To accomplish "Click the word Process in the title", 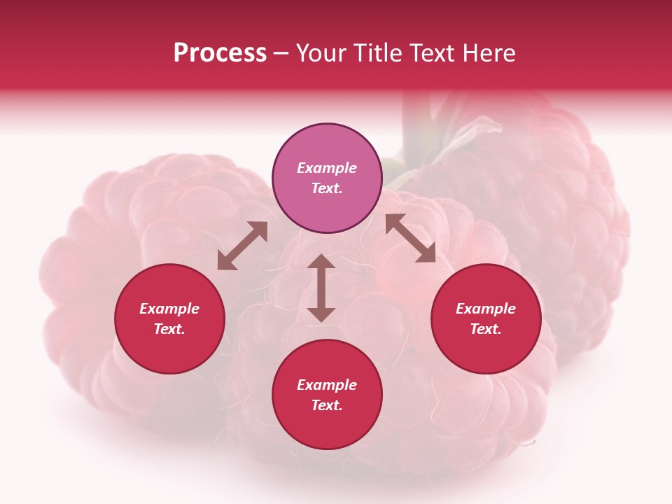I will [220, 53].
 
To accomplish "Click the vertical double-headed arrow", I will [321, 288].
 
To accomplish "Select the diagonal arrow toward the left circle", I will [242, 246].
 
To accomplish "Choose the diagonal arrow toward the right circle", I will [410, 238].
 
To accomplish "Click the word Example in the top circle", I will [327, 168].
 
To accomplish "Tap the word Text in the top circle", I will [327, 188].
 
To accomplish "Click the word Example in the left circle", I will [169, 309].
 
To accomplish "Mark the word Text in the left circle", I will [169, 329].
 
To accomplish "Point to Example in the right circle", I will [486, 309].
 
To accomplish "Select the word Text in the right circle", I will [486, 329].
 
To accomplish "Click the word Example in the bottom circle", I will [327, 385].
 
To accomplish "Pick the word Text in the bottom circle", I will [327, 405].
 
